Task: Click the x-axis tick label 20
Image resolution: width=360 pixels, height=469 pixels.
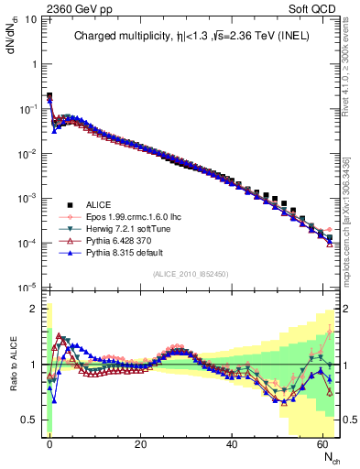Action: pyautogui.click(x=140, y=443)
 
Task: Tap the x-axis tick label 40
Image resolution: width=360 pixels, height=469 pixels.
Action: pyautogui.click(x=232, y=443)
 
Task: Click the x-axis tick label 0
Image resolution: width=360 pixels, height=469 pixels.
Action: pyautogui.click(x=49, y=443)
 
